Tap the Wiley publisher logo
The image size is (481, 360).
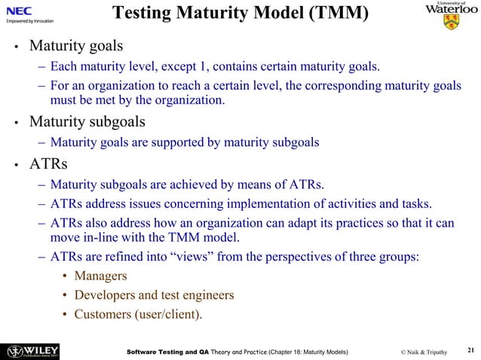tap(33, 350)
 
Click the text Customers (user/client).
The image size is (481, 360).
tap(137, 313)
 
